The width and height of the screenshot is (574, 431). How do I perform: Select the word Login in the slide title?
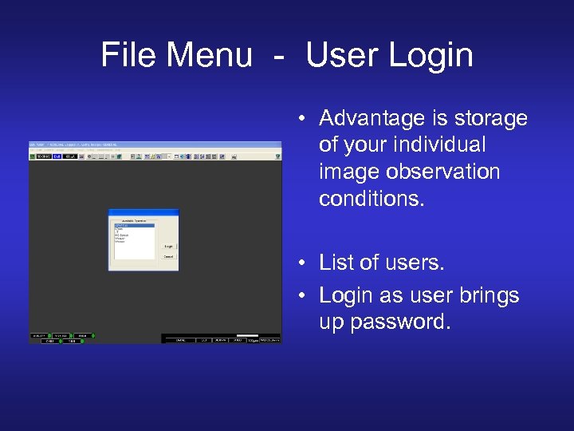(430, 56)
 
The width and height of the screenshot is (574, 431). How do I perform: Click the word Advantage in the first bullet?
(369, 119)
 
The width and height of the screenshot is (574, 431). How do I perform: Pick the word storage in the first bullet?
(487, 119)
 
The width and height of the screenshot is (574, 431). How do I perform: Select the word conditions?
(372, 198)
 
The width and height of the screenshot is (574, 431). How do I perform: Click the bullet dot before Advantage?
(304, 120)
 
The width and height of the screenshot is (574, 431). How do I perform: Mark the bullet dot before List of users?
(304, 263)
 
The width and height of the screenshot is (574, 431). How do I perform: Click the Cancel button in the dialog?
(169, 256)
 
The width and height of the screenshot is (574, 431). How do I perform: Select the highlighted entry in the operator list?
(134, 227)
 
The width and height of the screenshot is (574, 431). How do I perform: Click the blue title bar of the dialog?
(143, 212)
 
